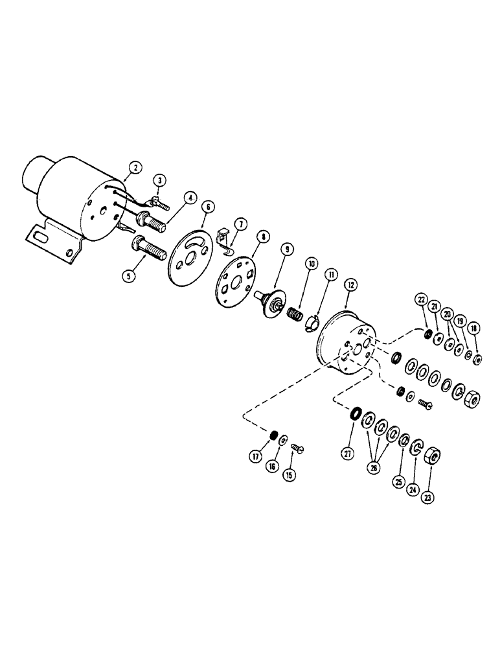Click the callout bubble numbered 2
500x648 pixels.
[134, 168]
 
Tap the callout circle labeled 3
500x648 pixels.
[159, 178]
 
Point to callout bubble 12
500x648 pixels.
[350, 284]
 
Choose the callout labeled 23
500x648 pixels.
[429, 498]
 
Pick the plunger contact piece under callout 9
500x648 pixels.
[273, 303]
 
